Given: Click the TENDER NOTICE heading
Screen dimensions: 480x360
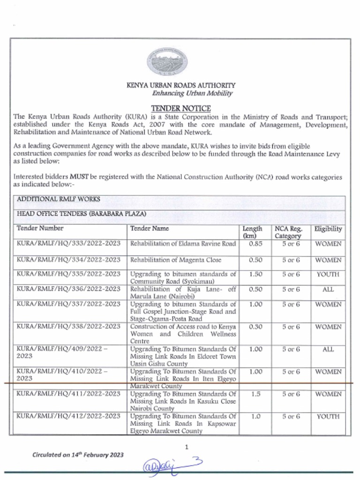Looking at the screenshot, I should coord(180,108).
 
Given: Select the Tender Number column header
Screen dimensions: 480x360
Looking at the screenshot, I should coord(40,229).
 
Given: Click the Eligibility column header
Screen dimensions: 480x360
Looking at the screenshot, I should coord(328,229).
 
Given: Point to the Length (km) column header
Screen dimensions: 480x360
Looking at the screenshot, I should coord(252,232).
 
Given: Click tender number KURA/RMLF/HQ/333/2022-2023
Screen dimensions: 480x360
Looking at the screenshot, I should coord(68,244).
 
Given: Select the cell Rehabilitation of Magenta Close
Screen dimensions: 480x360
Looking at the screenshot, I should coord(175,260).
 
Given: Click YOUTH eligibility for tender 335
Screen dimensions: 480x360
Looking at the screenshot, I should coord(328,274).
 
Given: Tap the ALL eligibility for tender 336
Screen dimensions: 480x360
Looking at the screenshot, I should coord(328,289).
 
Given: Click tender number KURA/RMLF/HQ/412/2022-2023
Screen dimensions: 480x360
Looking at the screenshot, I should coord(68,416).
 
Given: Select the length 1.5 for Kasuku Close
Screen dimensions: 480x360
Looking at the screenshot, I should coord(255,394).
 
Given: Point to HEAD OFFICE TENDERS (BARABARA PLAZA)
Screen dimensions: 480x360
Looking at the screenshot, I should coord(82,214).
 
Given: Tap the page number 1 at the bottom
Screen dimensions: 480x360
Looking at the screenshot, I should coord(186,447).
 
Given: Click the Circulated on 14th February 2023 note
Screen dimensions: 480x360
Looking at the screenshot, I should coord(77,455).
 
